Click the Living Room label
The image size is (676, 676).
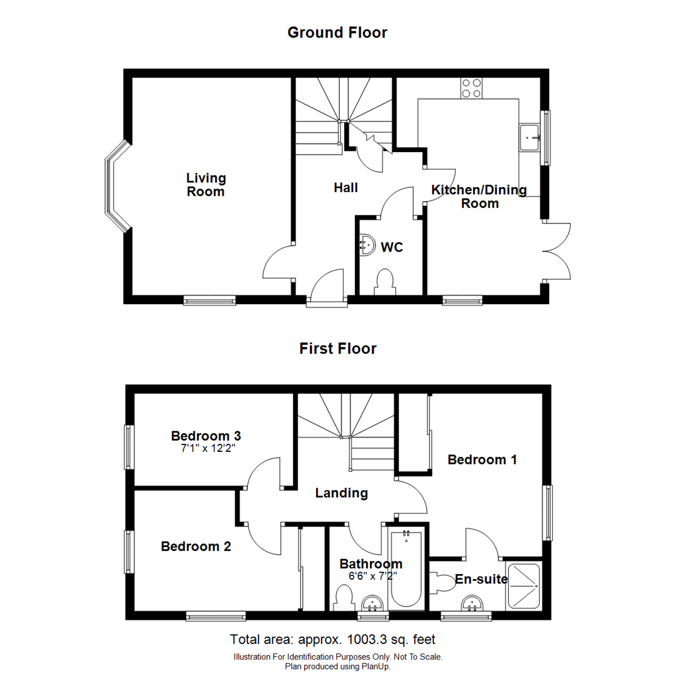coord(205,185)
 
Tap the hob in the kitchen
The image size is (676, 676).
coord(471,88)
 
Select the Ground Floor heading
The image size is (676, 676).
coord(337,33)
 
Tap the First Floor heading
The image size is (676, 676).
coord(337,349)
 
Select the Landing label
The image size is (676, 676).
coord(341,493)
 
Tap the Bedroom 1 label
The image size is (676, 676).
coord(482,460)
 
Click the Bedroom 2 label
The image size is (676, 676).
coord(196,546)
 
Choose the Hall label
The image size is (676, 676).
coord(346,187)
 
